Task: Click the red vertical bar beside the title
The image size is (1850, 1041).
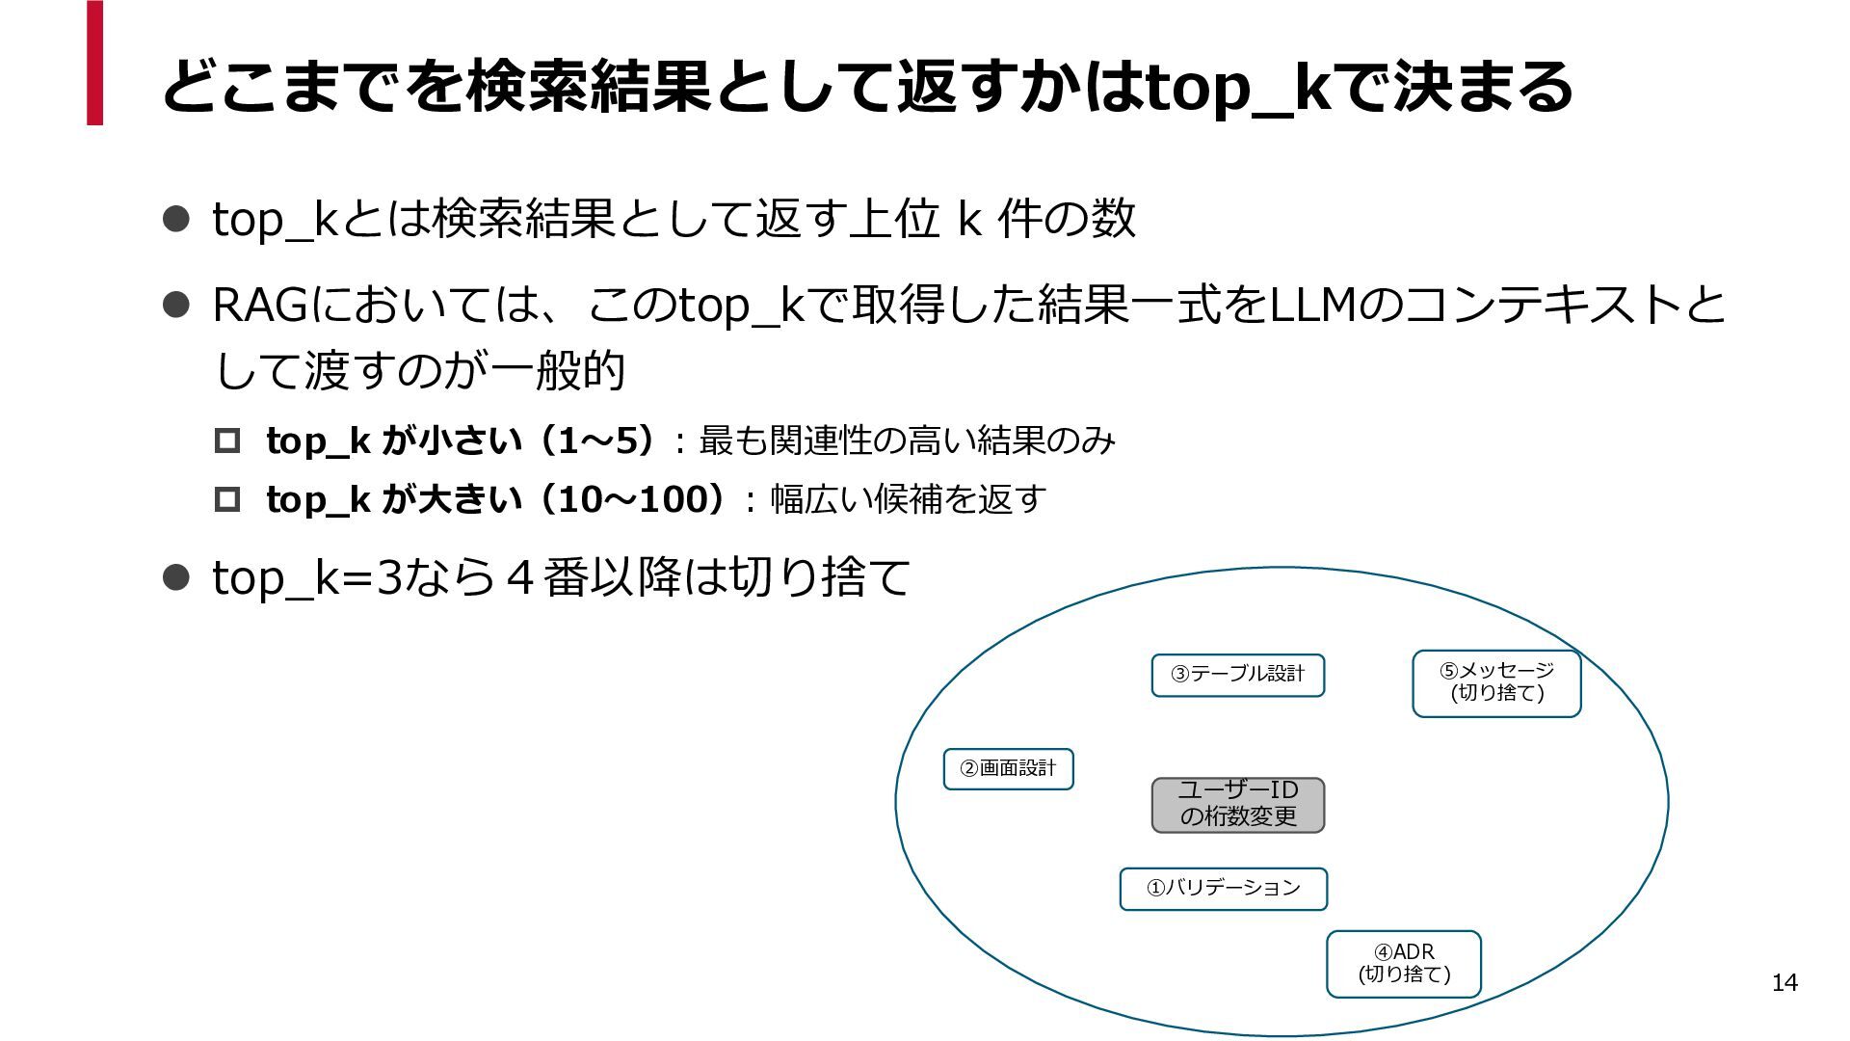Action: pos(94,63)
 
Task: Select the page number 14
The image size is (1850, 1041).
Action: pos(1784,982)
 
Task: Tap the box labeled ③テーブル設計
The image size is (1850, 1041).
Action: pos(1238,675)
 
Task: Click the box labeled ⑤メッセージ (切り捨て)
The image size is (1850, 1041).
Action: pos(1496,683)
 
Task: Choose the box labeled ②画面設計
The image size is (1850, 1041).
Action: pos(1008,769)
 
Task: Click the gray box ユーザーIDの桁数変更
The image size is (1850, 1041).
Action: pos(1238,805)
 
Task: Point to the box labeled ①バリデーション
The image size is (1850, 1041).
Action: pos(1224,889)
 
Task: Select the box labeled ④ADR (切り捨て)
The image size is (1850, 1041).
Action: pos(1404,964)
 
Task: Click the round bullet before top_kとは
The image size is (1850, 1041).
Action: pos(175,219)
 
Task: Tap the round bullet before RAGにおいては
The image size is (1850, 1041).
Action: pos(175,306)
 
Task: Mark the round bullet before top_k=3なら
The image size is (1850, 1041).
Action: pos(175,577)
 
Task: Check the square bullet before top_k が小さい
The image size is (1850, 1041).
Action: pos(227,441)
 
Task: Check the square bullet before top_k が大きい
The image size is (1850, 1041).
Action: pos(227,499)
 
